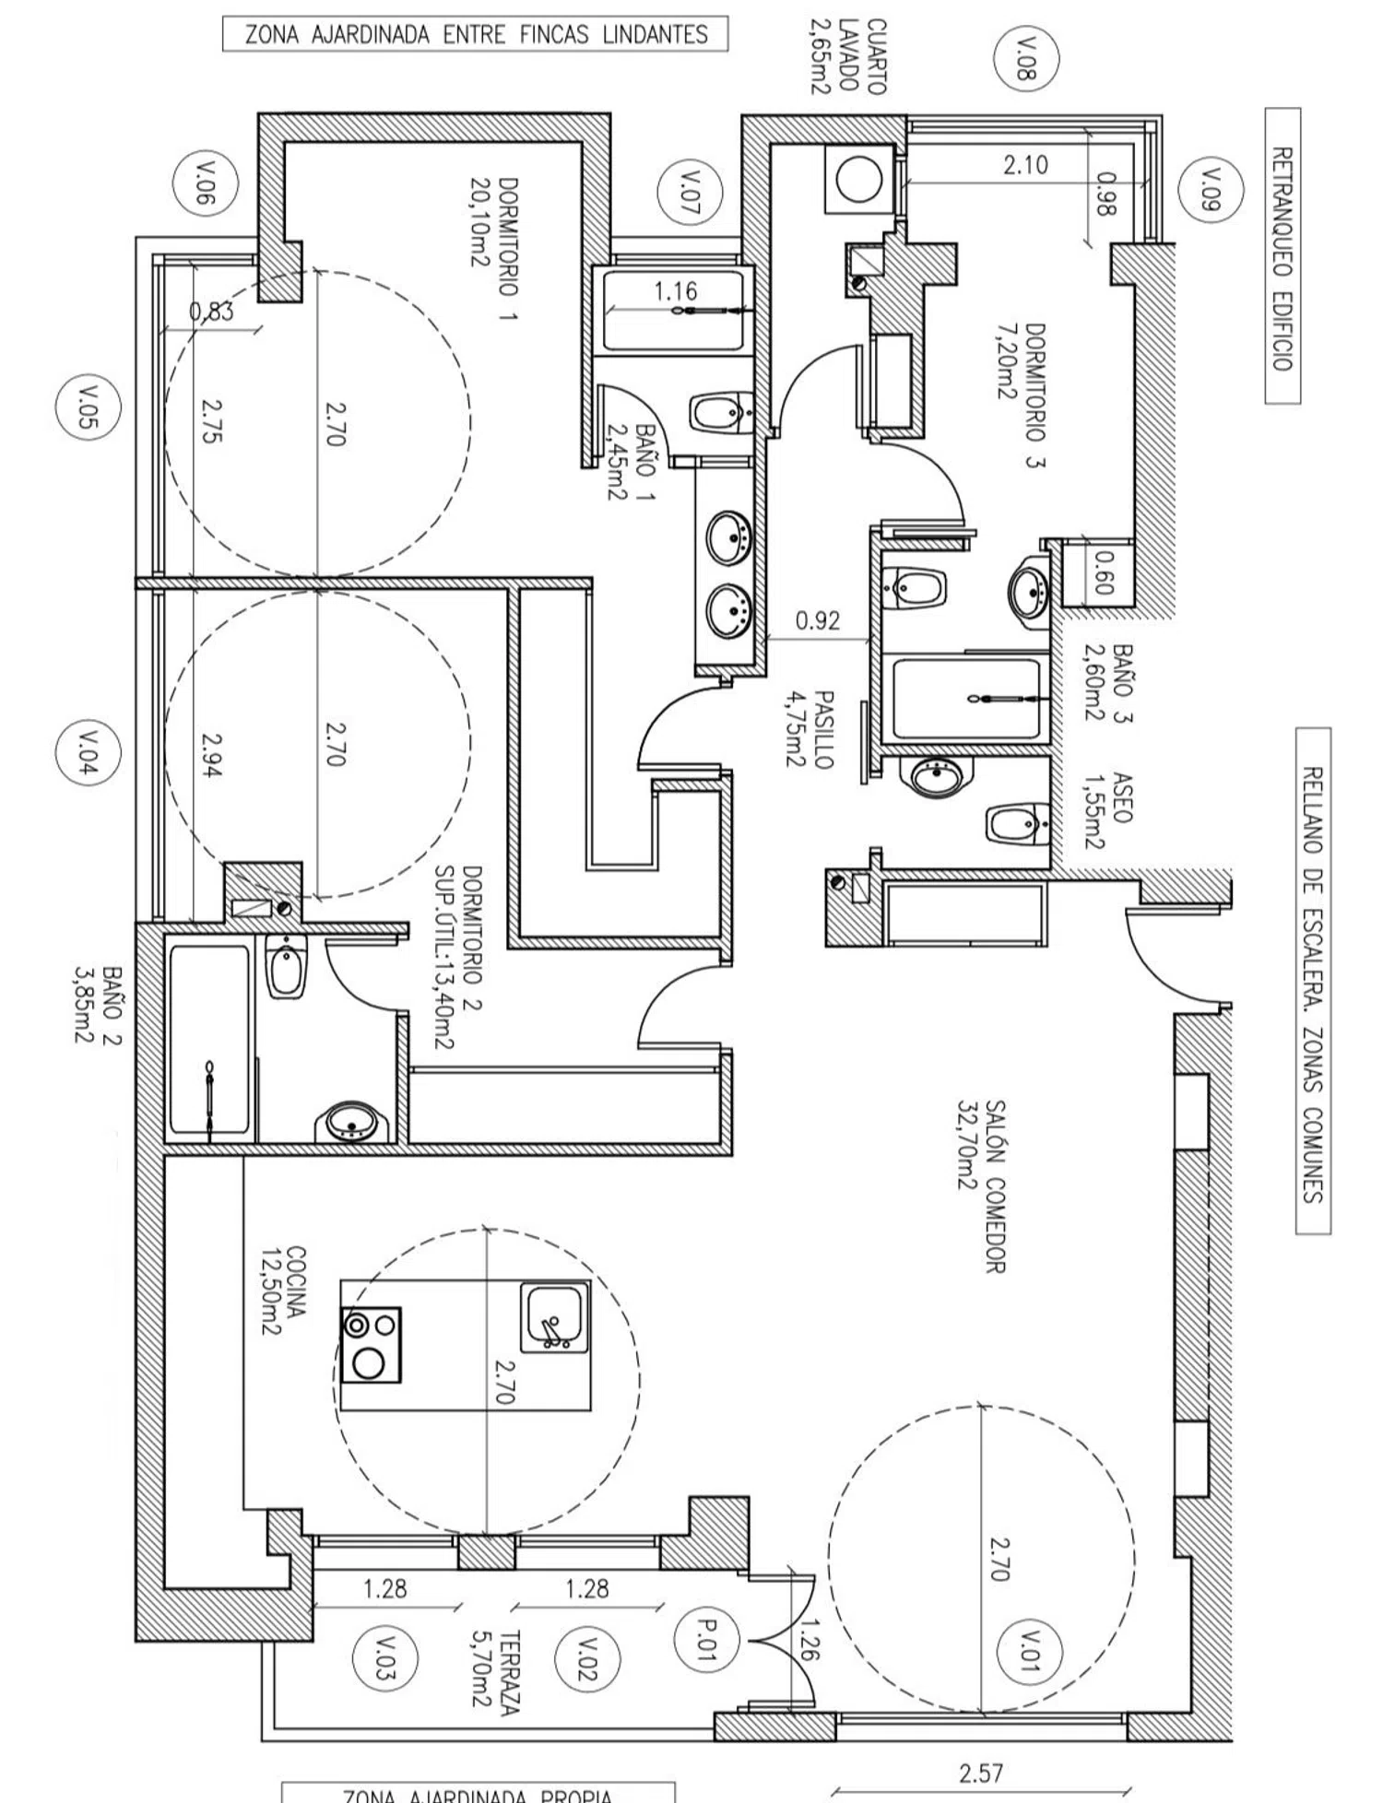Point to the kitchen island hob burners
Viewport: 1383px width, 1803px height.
point(371,1344)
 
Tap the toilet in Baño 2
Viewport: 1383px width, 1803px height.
point(287,966)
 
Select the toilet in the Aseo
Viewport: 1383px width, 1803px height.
point(1017,823)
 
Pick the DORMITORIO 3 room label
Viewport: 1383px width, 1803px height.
point(1021,395)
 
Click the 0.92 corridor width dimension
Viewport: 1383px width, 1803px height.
point(818,620)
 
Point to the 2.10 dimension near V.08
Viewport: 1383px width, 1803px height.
point(1025,165)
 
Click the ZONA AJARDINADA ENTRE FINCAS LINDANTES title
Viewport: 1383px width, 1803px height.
point(476,35)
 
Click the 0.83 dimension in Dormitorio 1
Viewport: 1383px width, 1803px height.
point(211,312)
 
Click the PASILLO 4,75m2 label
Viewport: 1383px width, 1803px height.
point(809,728)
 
